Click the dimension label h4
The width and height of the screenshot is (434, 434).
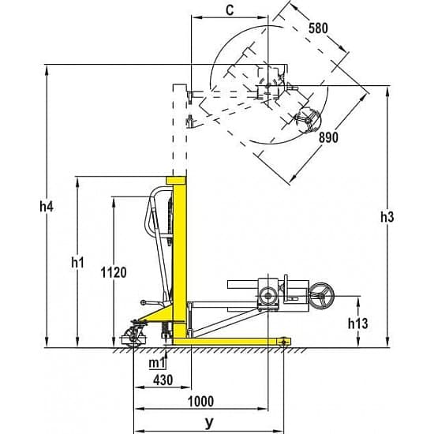coord(47,206)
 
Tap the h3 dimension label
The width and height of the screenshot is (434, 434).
coord(387,217)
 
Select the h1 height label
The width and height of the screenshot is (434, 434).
coord(77,262)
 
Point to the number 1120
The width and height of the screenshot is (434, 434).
coord(114,272)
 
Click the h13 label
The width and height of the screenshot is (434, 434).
coord(357,324)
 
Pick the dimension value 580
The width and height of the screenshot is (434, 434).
coord(318,28)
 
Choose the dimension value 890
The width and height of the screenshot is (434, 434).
coord(328,137)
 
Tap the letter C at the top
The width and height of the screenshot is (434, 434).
coord(230,10)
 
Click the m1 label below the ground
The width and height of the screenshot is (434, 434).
coord(157,363)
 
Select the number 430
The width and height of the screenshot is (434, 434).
coord(163,380)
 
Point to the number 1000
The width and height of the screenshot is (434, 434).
coord(200,401)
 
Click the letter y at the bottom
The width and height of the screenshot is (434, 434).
coord(210,423)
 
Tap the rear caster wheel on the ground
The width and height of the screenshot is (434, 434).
coord(134,337)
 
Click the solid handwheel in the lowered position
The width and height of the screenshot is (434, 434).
coord(321,296)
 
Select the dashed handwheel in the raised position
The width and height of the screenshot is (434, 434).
coord(308,121)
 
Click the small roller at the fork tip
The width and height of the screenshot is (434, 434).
coord(283,341)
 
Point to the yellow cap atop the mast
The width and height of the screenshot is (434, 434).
coord(175,180)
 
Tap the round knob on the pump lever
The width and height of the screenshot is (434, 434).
coord(143,302)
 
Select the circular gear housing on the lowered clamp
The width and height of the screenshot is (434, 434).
coord(268,296)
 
